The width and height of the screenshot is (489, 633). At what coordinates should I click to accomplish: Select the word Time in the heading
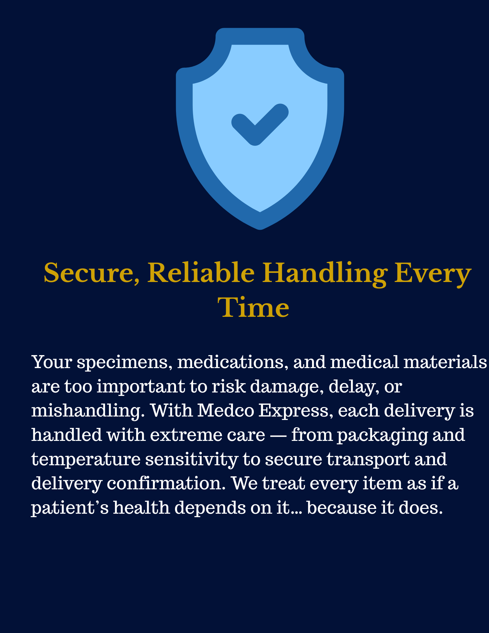click(255, 307)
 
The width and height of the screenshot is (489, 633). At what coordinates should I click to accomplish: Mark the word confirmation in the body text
click(166, 483)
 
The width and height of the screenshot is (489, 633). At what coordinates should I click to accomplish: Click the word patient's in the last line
click(70, 508)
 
